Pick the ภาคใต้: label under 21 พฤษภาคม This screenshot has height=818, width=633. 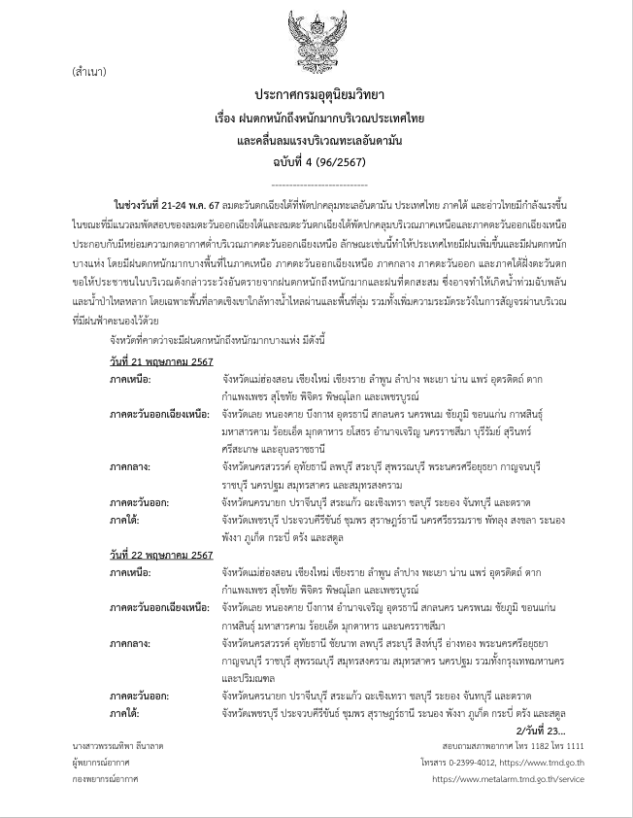126,520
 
